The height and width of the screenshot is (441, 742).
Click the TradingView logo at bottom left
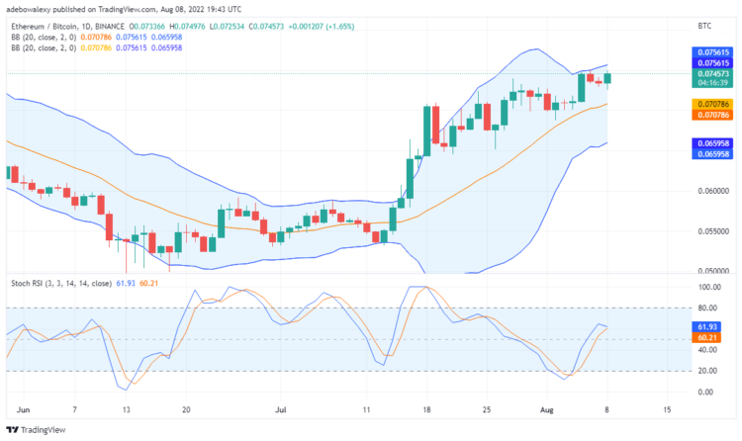click(x=39, y=430)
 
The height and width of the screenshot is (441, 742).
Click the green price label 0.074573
click(x=713, y=73)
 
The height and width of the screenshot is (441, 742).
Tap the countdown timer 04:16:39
click(x=713, y=84)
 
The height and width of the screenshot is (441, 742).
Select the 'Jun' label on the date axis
click(x=23, y=407)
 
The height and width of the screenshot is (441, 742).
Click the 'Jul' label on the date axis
click(x=282, y=407)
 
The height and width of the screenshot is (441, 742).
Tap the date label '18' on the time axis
click(x=426, y=407)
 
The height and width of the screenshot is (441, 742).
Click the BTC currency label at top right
click(x=704, y=24)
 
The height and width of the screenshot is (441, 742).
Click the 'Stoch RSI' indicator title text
click(x=28, y=283)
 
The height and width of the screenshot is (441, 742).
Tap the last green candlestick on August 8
click(x=608, y=77)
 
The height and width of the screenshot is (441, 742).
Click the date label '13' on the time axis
click(x=125, y=407)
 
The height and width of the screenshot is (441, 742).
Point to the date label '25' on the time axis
click(x=487, y=407)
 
